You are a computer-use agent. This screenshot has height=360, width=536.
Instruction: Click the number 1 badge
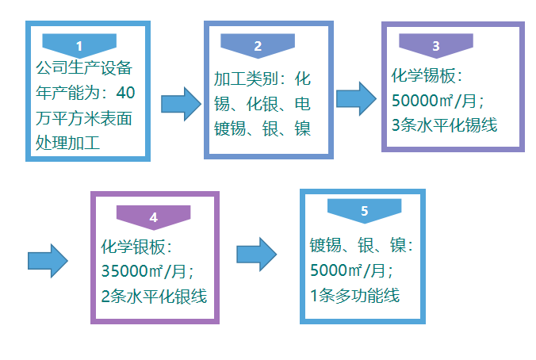78,44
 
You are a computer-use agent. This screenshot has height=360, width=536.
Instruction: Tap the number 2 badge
258,44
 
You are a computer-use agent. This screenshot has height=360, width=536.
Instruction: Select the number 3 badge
436,44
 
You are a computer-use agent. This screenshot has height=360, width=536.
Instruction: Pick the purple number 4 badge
153,216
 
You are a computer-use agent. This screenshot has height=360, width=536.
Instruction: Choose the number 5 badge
364,210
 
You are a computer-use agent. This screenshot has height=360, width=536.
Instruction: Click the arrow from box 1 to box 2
180,104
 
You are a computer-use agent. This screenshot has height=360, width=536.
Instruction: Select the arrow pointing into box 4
47,260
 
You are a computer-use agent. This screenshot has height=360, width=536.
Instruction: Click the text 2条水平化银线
154,297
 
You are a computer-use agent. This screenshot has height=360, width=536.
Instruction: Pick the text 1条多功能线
354,296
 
